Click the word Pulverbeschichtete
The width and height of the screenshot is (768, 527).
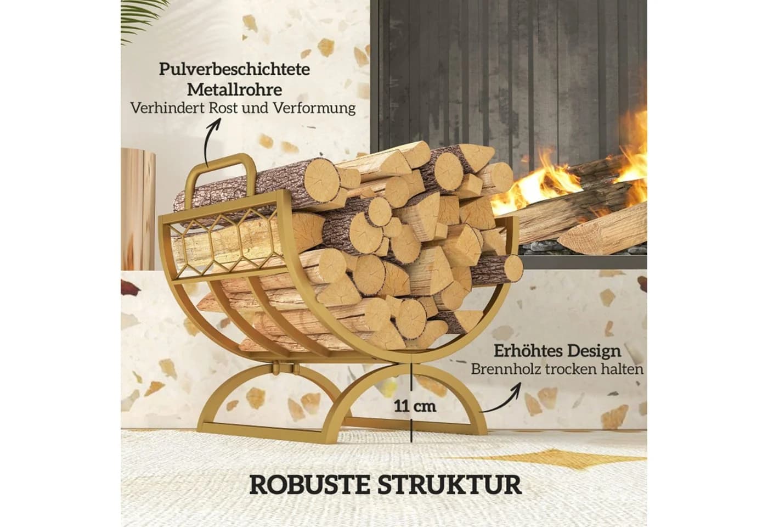coord(235,69)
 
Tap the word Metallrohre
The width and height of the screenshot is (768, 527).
coord(235,90)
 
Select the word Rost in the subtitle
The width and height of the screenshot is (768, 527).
coord(223,109)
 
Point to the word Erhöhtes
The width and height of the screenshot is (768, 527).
coord(528,351)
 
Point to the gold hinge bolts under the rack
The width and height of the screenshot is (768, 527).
coord(285,368)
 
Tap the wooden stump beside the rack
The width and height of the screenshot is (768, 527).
coord(138,209)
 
